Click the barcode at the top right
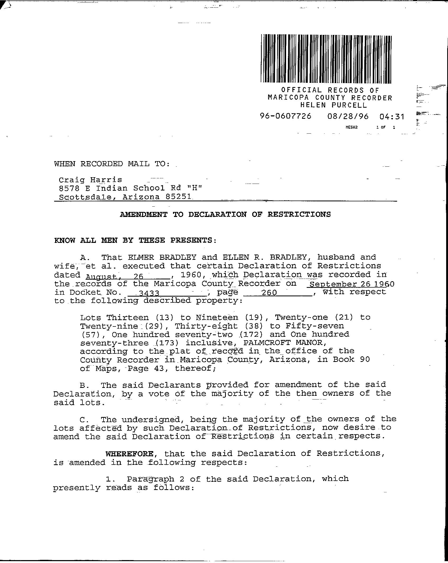coord(326,59)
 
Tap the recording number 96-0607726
coord(286,116)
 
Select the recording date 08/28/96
coord(348,116)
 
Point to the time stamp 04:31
coord(391,116)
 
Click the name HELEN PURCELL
coord(334,105)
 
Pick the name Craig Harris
coord(90,180)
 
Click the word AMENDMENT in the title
coord(144,214)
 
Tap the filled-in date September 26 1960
coord(351,284)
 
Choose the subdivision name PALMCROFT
coord(268,343)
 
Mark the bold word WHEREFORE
coord(129,454)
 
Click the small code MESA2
coord(351,127)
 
